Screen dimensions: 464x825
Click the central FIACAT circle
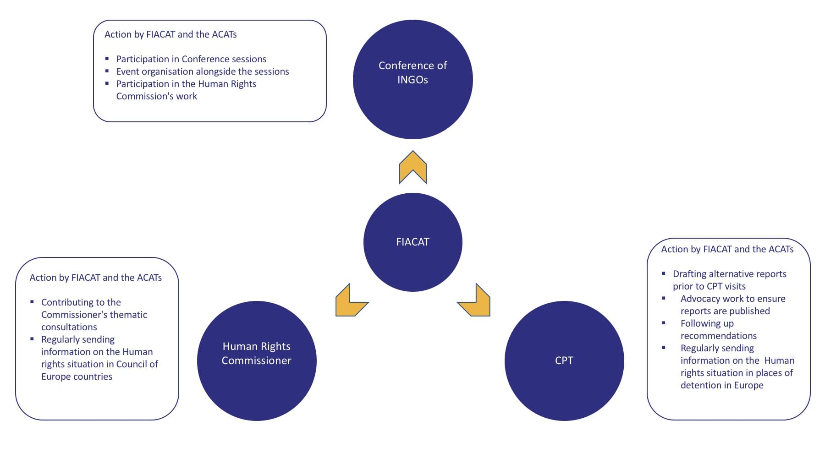[x=412, y=242]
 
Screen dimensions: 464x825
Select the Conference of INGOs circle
[x=412, y=79]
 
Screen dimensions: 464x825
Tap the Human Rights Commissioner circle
[x=257, y=360]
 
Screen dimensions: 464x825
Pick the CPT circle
[x=564, y=360]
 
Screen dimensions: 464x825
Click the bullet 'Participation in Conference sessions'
[x=191, y=59]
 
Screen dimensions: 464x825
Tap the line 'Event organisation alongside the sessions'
[x=203, y=71]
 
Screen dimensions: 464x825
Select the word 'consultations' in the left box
[x=69, y=327]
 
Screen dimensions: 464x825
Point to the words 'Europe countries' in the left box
[x=77, y=377]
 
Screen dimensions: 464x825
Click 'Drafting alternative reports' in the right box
[x=729, y=274]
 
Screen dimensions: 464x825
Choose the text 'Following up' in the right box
[x=707, y=323]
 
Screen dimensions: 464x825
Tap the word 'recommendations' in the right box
[x=718, y=336]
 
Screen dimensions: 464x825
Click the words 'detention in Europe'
[x=722, y=385]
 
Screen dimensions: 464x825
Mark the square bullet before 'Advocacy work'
[x=664, y=298]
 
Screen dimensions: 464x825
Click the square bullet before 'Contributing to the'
[x=32, y=302]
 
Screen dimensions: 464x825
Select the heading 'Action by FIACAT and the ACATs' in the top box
[x=170, y=34]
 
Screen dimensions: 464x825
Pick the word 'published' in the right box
[x=750, y=311]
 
